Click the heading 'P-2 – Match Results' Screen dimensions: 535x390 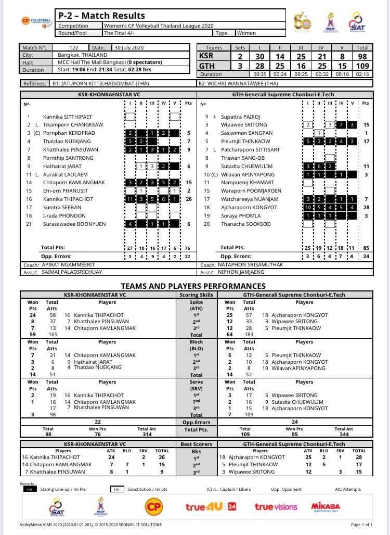point(101,16)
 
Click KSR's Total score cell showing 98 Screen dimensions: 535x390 point(362,56)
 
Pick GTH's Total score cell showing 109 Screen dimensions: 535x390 point(362,66)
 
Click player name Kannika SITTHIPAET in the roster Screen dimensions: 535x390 point(67,117)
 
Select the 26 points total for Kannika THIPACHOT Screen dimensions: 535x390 point(189,199)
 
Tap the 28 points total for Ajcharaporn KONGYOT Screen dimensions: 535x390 point(366,207)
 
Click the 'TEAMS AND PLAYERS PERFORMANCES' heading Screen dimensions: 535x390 point(193,286)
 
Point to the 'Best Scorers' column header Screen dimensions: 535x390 point(196,444)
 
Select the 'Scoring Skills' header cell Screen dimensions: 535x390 point(196,295)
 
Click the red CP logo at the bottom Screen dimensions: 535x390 point(153,506)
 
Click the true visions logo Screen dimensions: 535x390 point(276,506)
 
